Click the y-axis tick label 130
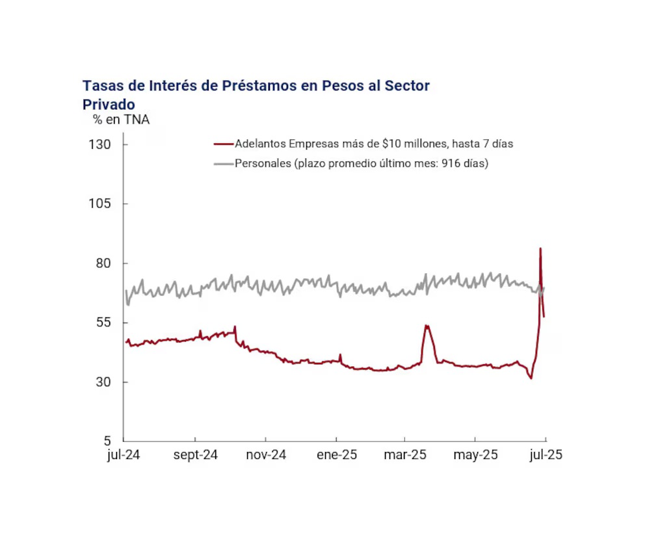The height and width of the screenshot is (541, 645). pyautogui.click(x=101, y=144)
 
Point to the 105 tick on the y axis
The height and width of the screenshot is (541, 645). pyautogui.click(x=101, y=204)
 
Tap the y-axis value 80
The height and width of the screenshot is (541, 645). pyautogui.click(x=105, y=263)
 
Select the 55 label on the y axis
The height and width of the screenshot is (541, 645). pyautogui.click(x=105, y=323)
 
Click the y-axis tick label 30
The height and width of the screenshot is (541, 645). pyautogui.click(x=105, y=382)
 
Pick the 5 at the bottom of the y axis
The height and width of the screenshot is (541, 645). pyautogui.click(x=108, y=442)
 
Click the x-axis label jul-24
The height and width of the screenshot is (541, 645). pyautogui.click(x=124, y=455)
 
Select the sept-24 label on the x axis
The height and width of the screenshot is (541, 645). pyautogui.click(x=195, y=455)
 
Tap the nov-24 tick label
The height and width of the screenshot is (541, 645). pyautogui.click(x=266, y=455)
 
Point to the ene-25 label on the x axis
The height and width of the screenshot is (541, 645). pyautogui.click(x=336, y=455)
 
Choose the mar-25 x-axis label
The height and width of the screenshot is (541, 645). pyautogui.click(x=405, y=455)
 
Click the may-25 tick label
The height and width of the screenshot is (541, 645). pyautogui.click(x=476, y=455)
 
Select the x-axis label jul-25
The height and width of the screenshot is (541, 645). pyautogui.click(x=545, y=455)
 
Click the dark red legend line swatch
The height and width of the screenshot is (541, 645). pyautogui.click(x=223, y=144)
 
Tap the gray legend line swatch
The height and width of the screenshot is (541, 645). pyautogui.click(x=223, y=164)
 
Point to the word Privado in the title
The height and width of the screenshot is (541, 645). pyautogui.click(x=109, y=104)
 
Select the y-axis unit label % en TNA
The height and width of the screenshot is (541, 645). pyautogui.click(x=121, y=120)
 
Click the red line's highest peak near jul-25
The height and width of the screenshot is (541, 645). pyautogui.click(x=540, y=248)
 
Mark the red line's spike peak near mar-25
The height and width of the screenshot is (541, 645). pyautogui.click(x=426, y=325)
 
